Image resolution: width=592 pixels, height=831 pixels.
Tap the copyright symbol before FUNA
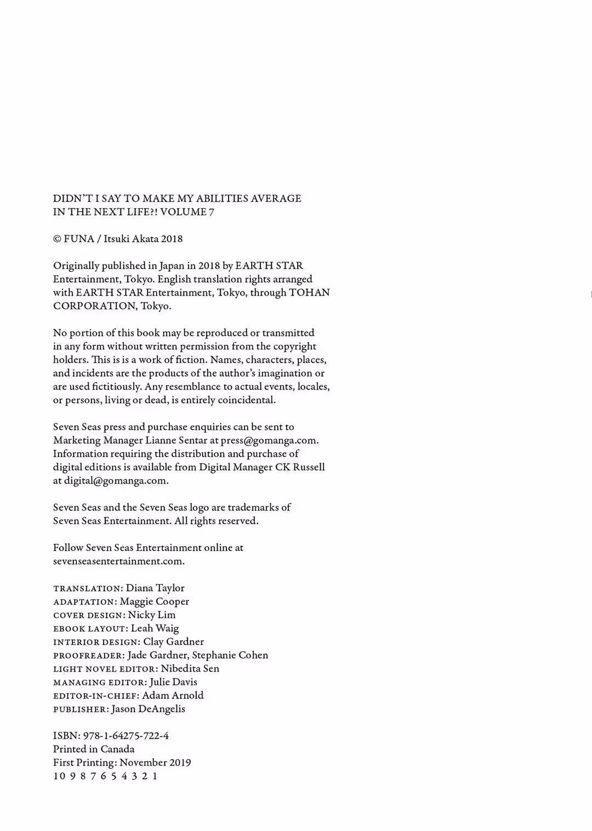point(57,239)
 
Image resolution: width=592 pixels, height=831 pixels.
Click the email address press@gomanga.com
point(269,440)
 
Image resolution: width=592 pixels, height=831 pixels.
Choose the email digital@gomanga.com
point(115,481)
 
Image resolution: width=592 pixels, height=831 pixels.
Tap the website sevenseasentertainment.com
point(118,561)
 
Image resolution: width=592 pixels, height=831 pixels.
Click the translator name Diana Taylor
point(155,588)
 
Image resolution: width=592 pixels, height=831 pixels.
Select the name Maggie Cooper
point(155,601)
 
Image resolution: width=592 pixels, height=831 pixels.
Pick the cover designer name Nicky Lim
point(152,615)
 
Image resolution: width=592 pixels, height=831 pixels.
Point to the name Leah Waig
point(155,628)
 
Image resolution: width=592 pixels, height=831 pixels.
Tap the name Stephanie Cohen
point(230,655)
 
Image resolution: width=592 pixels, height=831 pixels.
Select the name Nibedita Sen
point(190,669)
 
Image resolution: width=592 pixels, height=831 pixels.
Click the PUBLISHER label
point(81,709)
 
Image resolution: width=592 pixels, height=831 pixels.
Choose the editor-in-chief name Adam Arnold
point(173,696)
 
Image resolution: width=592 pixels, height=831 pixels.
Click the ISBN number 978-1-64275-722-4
point(126,736)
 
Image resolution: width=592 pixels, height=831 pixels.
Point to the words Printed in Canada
point(94,749)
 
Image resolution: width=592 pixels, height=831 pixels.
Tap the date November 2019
point(155,762)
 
